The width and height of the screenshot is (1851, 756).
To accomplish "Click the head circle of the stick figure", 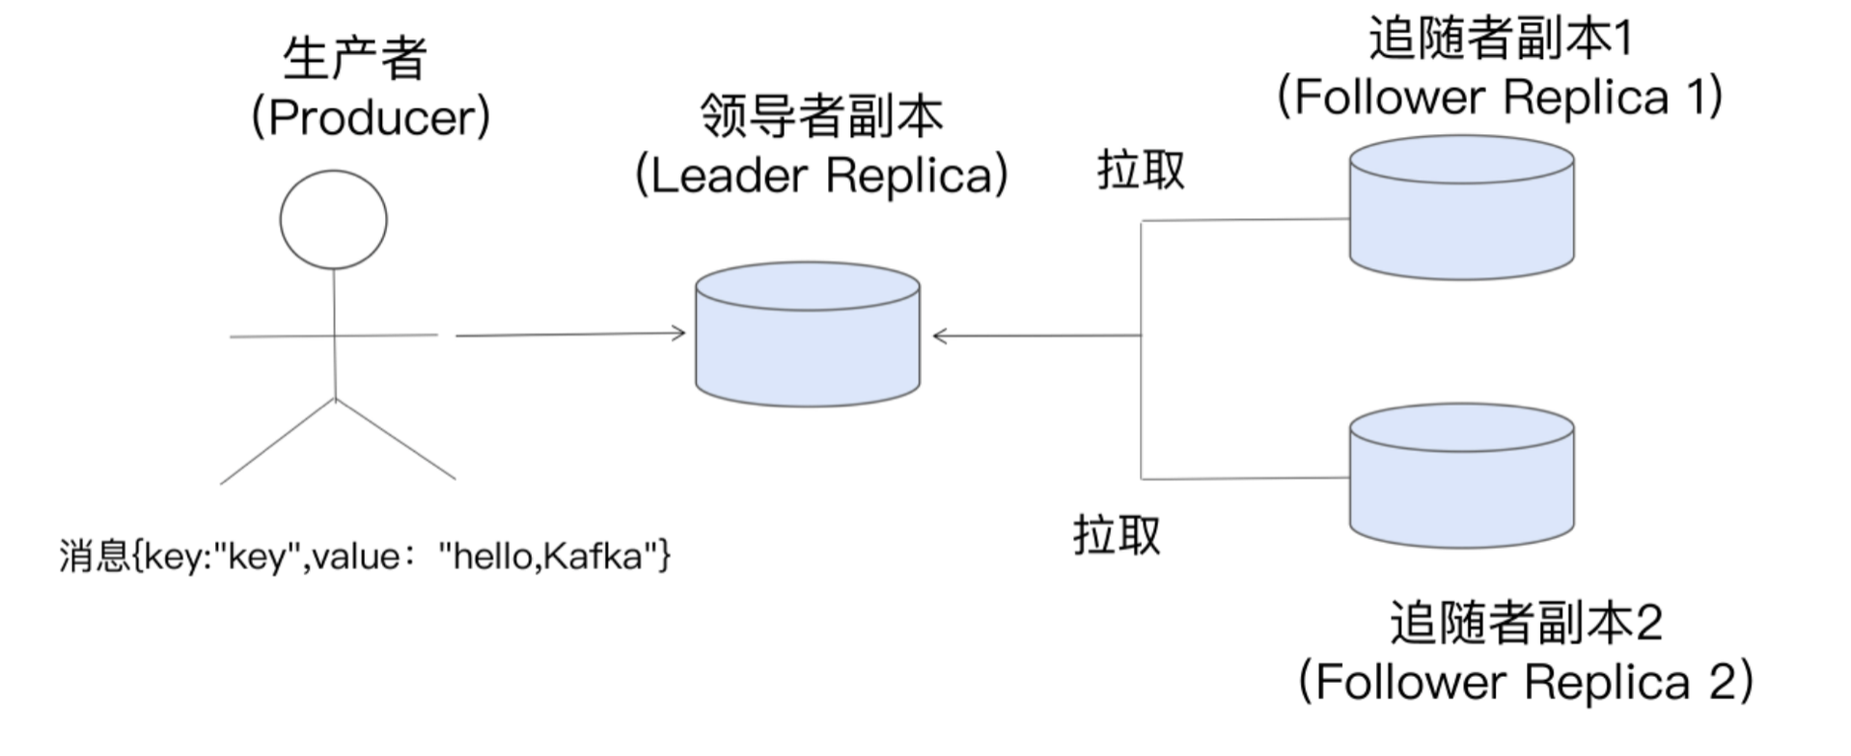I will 334,220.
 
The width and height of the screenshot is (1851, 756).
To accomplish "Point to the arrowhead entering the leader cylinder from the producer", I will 679,334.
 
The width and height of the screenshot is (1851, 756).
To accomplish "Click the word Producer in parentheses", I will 371,118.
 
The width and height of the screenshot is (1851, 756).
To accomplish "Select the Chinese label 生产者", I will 355,59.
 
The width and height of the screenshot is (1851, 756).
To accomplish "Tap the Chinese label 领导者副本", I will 821,117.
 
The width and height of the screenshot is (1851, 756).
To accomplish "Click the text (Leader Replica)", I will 821,175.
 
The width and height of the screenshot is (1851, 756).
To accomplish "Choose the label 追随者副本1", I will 1500,39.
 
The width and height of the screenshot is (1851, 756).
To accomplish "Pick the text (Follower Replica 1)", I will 1500,97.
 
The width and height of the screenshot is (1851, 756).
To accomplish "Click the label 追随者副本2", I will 1526,623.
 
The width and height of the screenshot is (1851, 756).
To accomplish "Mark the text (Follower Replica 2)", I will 1526,682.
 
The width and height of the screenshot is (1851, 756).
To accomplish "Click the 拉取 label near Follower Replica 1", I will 1141,171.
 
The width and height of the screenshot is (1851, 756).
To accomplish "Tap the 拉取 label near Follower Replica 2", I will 1117,535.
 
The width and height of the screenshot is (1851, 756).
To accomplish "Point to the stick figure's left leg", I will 277,442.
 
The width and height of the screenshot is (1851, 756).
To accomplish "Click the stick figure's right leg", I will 396,439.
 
